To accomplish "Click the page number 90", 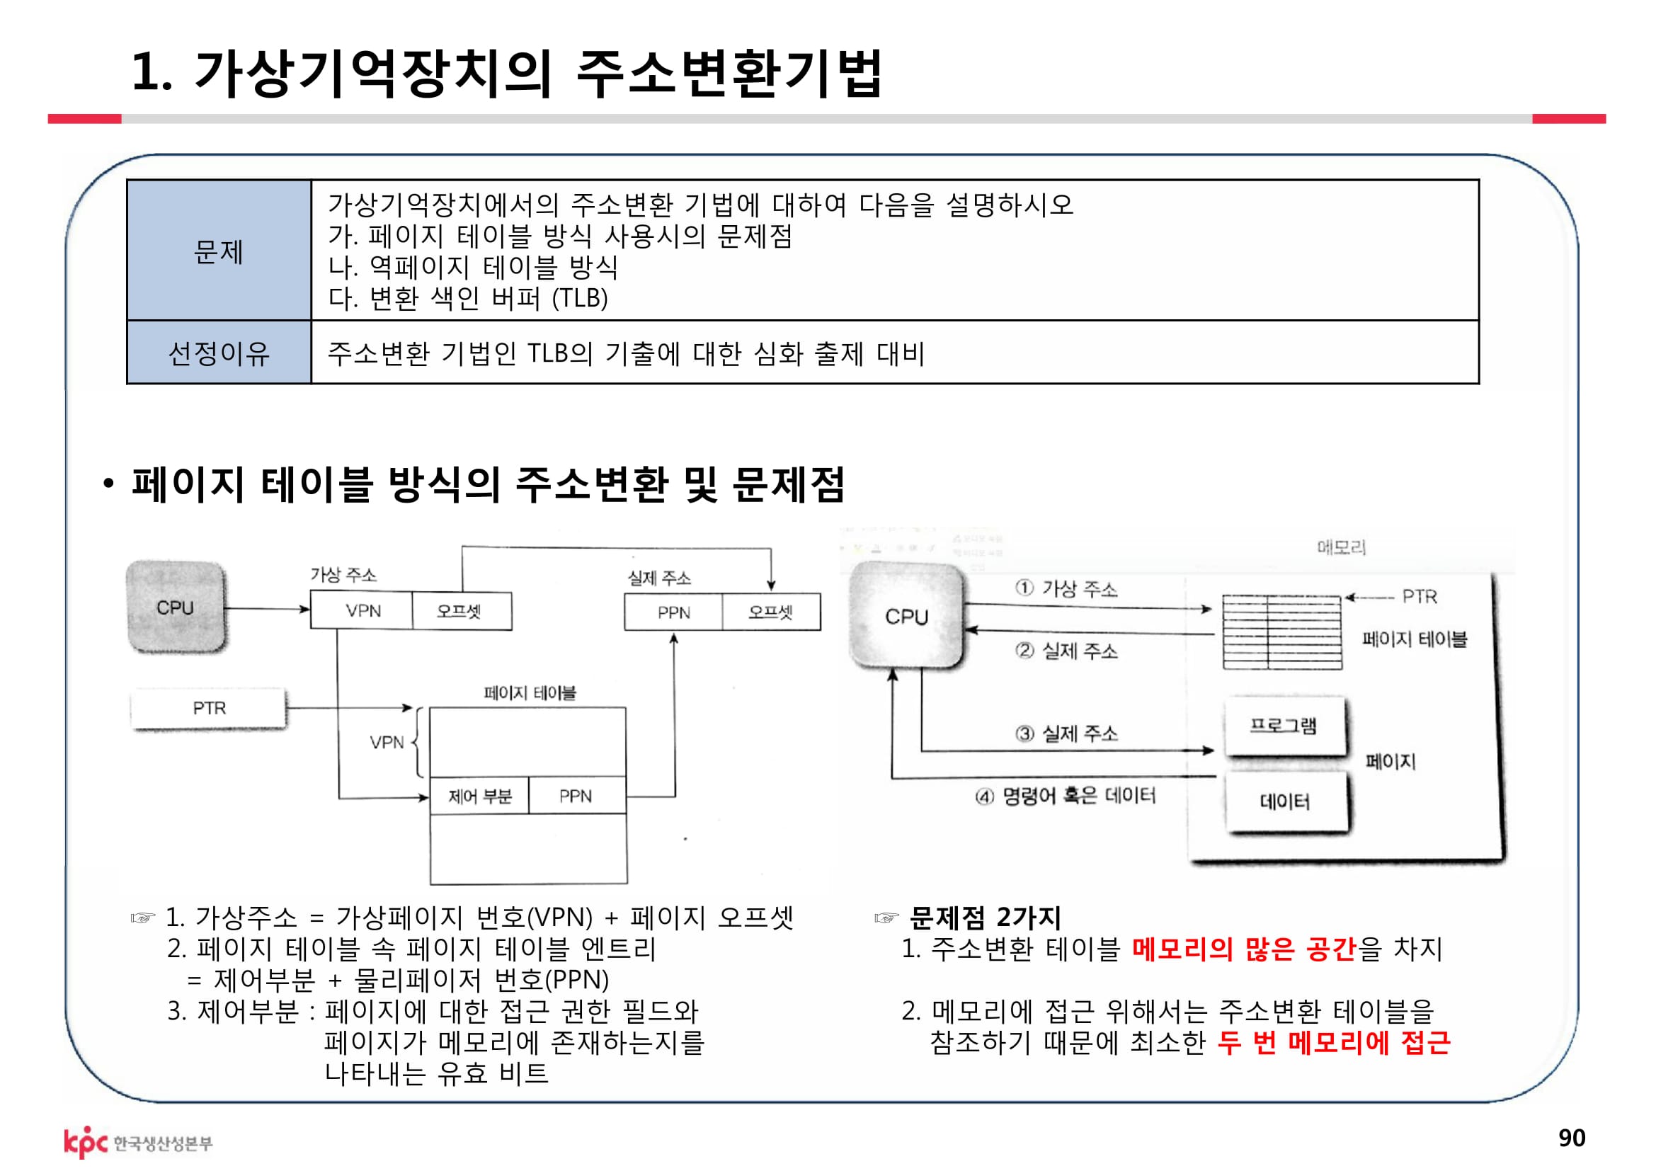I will pyautogui.click(x=1572, y=1137).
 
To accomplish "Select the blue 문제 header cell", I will pyautogui.click(x=219, y=251).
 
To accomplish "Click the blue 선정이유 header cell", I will pyautogui.click(x=219, y=353).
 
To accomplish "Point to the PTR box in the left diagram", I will pyautogui.click(x=208, y=708).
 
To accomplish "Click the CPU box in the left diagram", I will pyautogui.click(x=176, y=607).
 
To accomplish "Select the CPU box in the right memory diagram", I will pyautogui.click(x=906, y=617).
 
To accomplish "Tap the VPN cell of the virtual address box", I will pyautogui.click(x=362, y=611).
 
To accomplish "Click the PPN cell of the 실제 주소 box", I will pyautogui.click(x=673, y=612).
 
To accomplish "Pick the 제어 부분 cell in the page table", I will pyautogui.click(x=479, y=796).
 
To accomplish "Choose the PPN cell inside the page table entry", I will pyautogui.click(x=576, y=796).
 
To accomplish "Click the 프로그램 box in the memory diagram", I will pyautogui.click(x=1284, y=726).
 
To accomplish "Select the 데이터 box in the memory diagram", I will pyautogui.click(x=1285, y=801).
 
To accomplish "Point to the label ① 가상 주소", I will pyautogui.click(x=1067, y=589).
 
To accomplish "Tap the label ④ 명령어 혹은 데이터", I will pyautogui.click(x=1066, y=796).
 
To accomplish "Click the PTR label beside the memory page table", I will pyautogui.click(x=1420, y=596).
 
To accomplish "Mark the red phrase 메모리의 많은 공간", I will pyautogui.click(x=1244, y=949).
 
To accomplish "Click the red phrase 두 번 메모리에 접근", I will pyautogui.click(x=1334, y=1043).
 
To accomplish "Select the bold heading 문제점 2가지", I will pyautogui.click(x=986, y=918).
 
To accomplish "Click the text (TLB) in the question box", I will pyautogui.click(x=580, y=298).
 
